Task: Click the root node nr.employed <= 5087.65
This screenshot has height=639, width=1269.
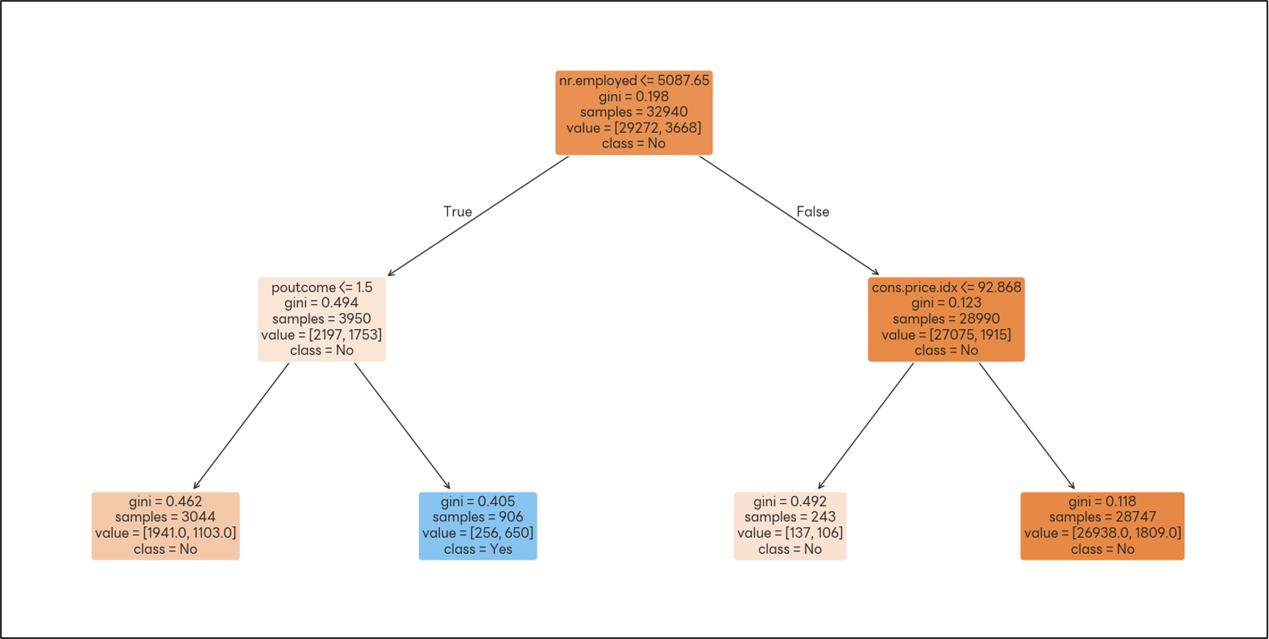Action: (634, 112)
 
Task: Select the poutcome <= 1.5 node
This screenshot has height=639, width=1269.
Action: (322, 319)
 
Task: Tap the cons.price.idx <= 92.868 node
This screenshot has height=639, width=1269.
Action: (946, 319)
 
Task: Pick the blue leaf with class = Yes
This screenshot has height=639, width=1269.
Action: (477, 526)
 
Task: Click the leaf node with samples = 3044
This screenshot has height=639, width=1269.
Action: (165, 526)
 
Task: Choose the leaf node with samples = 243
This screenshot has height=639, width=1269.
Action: (790, 526)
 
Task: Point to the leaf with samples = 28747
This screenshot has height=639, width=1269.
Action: (1102, 526)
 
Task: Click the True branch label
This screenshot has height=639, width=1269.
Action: (458, 212)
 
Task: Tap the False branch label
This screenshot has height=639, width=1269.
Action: (813, 212)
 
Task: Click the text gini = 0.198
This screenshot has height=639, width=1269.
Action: (633, 96)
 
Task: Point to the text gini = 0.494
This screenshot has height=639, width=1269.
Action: (321, 303)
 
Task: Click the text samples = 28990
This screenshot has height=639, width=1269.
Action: (946, 319)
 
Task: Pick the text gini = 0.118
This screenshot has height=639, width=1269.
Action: (1102, 502)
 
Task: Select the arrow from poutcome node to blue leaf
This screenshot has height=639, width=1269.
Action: (402, 426)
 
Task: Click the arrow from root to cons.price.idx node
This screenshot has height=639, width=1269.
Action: (789, 215)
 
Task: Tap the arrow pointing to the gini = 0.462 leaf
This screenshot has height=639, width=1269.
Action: (242, 426)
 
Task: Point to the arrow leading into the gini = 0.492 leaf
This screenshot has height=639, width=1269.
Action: (866, 426)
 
